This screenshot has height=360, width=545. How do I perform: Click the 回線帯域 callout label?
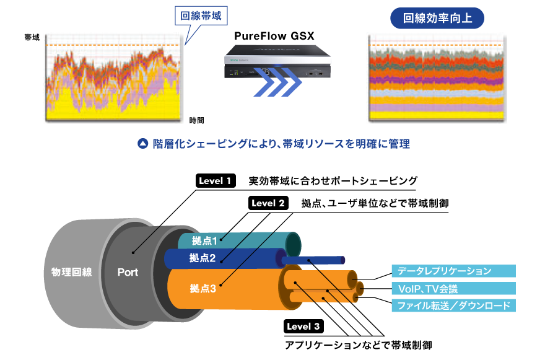pos(201,15)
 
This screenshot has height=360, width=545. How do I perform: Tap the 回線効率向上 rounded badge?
pos(437,18)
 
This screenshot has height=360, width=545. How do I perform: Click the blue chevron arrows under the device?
pos(277,84)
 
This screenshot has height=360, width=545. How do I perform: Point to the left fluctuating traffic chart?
pos(114,78)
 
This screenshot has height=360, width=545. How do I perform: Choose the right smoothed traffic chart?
pos(437,78)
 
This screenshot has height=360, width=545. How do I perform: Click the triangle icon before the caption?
pos(142,144)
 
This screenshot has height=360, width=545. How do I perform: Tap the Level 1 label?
pos(215,182)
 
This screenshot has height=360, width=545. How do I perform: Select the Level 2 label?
pos(268,203)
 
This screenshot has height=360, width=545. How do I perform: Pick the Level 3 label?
pos(303,326)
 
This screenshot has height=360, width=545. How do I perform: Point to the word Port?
pos(128,272)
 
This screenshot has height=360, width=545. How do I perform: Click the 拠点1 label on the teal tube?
pos(204,241)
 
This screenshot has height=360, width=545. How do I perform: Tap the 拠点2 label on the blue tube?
pos(203,258)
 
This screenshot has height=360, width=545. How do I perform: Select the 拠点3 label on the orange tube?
pos(203,288)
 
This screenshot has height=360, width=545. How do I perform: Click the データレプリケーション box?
pos(453,271)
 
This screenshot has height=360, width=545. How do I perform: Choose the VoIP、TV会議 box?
pos(453,289)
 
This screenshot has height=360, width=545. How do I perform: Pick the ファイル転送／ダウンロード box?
pos(453,305)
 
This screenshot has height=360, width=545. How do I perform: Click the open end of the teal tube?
pos(294,243)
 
